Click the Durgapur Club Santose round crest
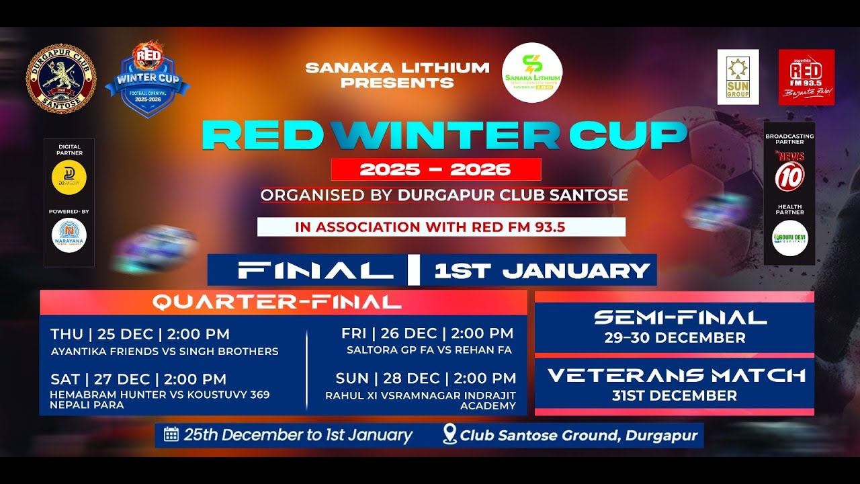[x=61, y=78]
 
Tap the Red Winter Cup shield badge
[x=147, y=79]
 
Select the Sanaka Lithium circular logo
[x=532, y=73]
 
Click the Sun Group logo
[x=738, y=77]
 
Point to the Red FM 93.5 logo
[x=806, y=77]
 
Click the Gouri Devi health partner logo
[x=789, y=238]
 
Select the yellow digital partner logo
[x=69, y=177]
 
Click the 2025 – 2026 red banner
[x=435, y=169]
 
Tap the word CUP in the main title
[x=628, y=136]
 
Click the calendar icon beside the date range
[x=171, y=434]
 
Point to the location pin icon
[x=449, y=434]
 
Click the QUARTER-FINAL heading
[x=277, y=302]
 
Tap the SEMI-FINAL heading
[x=675, y=317]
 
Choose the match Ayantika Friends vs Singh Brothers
[x=165, y=351]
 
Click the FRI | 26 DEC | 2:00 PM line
[x=427, y=333]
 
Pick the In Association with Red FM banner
[x=441, y=227]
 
